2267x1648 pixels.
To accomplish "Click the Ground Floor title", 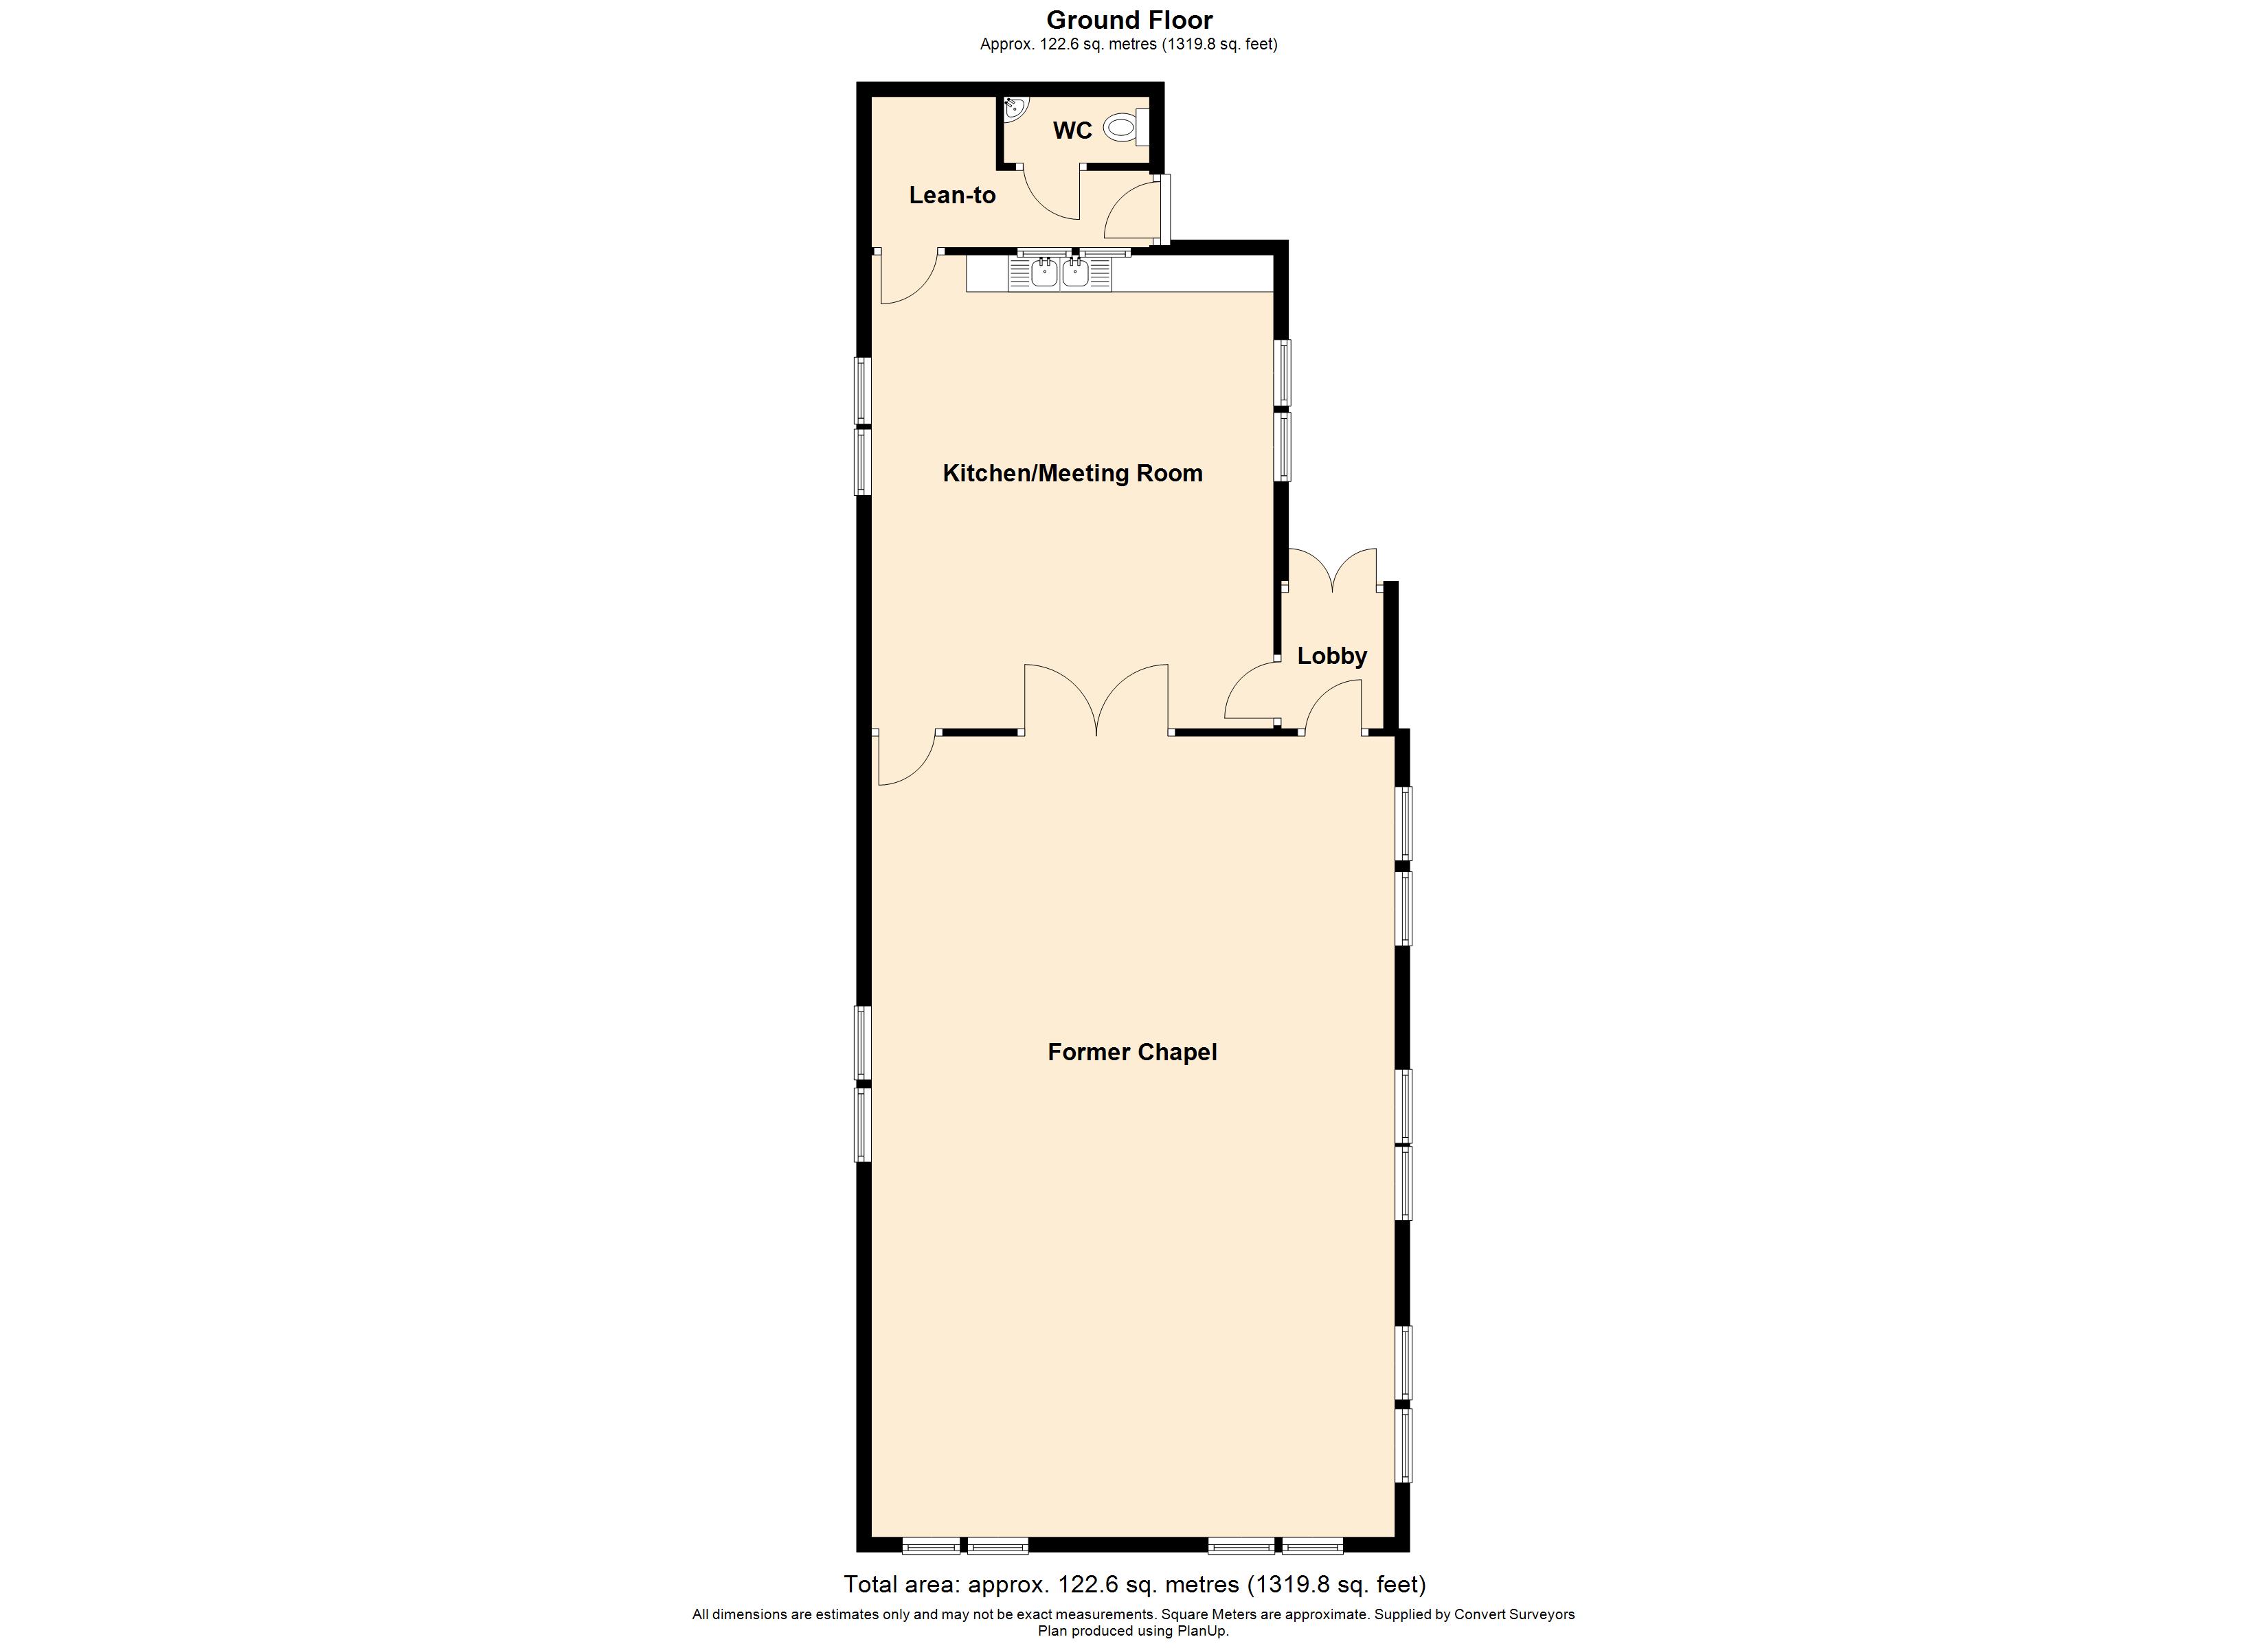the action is (x=1129, y=20).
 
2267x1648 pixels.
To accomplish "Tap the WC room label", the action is (x=1072, y=131).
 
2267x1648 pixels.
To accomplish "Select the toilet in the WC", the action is (x=1127, y=128).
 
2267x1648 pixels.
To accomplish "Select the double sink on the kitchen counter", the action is (x=1059, y=272).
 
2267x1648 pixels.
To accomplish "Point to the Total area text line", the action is (x=1134, y=1584).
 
